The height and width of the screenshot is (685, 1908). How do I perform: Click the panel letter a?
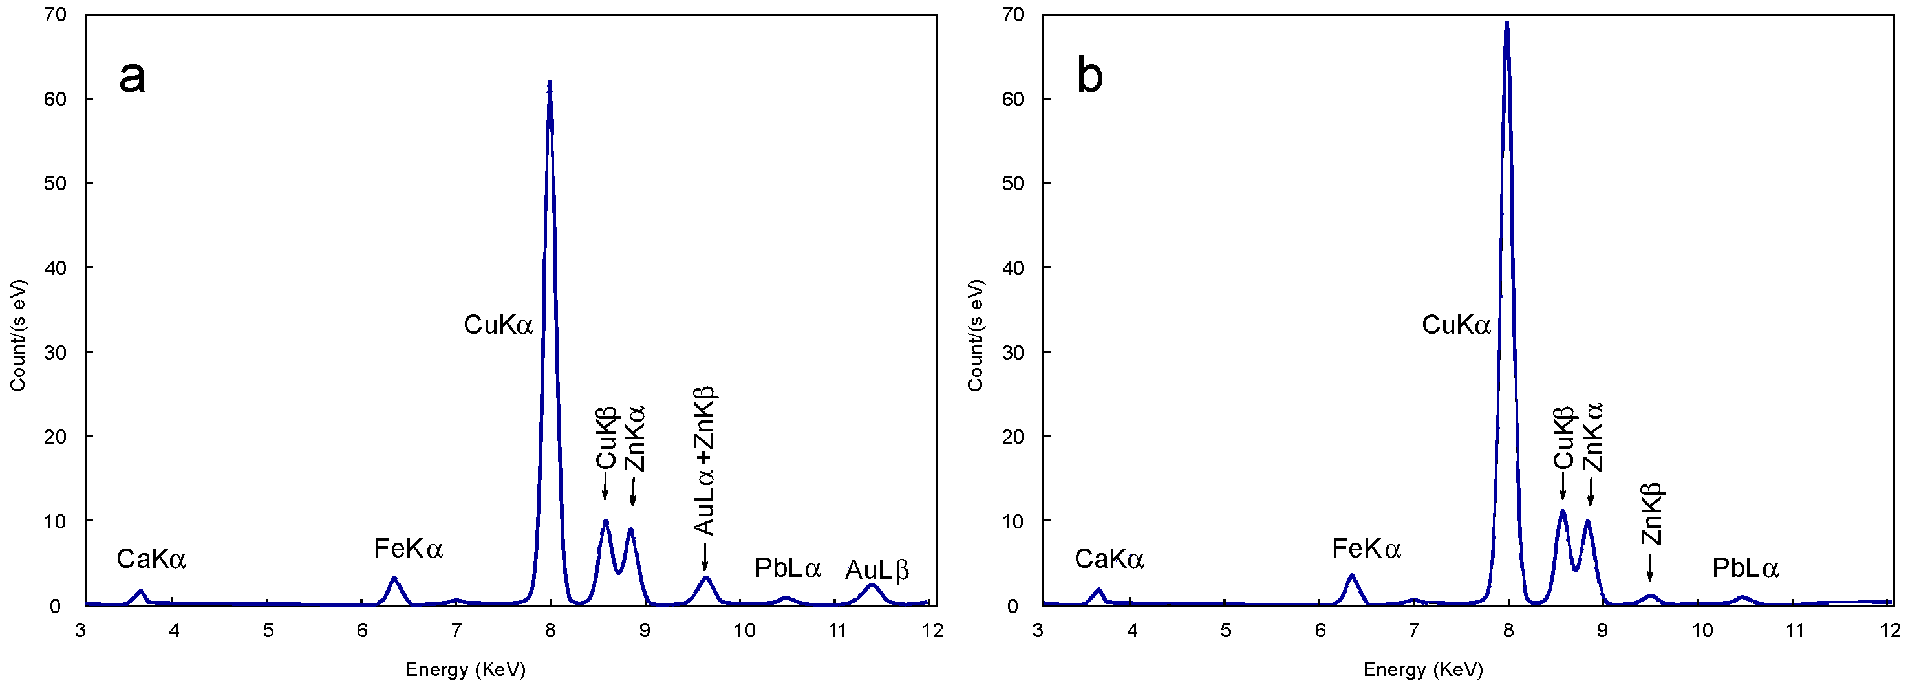(x=132, y=77)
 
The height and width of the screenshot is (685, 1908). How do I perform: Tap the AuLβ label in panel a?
(x=877, y=570)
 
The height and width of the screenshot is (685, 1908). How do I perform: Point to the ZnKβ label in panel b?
(x=1651, y=514)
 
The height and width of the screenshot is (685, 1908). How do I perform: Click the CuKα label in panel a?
(x=498, y=325)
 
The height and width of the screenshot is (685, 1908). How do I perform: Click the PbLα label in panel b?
(x=1745, y=569)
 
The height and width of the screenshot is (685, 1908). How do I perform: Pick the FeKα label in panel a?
(x=408, y=549)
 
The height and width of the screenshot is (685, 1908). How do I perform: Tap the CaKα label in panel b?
(x=1109, y=559)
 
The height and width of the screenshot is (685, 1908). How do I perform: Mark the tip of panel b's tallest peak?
(x=1506, y=24)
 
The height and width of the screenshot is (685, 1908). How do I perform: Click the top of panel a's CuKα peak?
(x=550, y=82)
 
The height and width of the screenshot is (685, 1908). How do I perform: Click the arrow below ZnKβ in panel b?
(x=1649, y=569)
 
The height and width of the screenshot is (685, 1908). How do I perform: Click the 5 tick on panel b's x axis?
(x=1226, y=631)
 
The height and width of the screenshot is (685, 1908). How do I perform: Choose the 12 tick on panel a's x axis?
(x=932, y=631)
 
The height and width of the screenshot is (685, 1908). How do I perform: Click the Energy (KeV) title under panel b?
(x=1423, y=669)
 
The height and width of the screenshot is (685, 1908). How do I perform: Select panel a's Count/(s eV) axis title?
(x=17, y=335)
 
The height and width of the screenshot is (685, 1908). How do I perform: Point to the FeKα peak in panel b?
(x=1352, y=576)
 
